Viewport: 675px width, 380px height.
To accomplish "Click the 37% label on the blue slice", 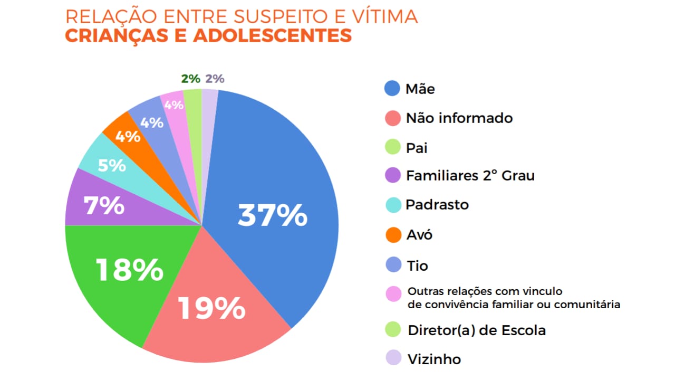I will pos(272,215).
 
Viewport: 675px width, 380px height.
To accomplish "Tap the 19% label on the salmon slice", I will pos(211,308).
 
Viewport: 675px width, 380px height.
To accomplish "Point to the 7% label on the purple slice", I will pos(104,205).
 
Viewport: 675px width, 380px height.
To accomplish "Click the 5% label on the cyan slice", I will pos(112,165).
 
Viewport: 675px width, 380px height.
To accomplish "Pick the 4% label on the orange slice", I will pos(128,136).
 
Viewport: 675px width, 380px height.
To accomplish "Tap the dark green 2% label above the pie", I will pos(190,79).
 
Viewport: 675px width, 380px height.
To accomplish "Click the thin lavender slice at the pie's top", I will pos(209,100).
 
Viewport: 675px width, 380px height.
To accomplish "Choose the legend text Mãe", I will pos(420,89).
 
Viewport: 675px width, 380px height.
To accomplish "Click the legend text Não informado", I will pos(459,118).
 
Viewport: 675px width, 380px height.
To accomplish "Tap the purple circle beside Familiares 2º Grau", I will pos(393,175).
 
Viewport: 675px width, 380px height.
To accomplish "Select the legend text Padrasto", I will pos(437,204).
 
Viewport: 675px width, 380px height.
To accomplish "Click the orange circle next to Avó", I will pos(393,234).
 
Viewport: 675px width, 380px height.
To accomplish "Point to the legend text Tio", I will pos(417,265).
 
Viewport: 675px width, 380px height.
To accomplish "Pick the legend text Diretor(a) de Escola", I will pos(476,330).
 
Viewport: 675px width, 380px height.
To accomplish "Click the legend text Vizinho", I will pos(434,359).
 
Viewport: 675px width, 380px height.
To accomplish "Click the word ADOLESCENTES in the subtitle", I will pos(272,35).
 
